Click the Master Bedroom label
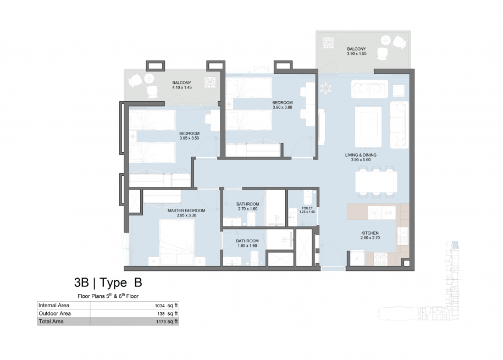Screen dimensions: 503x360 pyautogui.click(x=186, y=211)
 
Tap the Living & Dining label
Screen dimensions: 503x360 pyautogui.click(x=361, y=155)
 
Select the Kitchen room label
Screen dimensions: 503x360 pyautogui.click(x=370, y=233)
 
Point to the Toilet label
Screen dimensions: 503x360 pyautogui.click(x=307, y=208)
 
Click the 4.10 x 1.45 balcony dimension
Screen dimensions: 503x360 pyautogui.click(x=182, y=87)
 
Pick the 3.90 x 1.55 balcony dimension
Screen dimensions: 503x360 pyautogui.click(x=356, y=53)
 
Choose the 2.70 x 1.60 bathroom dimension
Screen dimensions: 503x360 pyautogui.click(x=247, y=209)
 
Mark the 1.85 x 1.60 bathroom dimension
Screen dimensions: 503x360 pyautogui.click(x=247, y=246)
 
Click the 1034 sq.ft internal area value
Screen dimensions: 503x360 pyautogui.click(x=166, y=306)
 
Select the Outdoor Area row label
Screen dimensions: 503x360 pyautogui.click(x=54, y=313)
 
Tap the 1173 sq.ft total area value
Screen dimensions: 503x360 pyautogui.click(x=167, y=322)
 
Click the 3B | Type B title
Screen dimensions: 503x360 pyautogui.click(x=108, y=283)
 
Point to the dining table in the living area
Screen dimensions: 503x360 pyautogui.click(x=376, y=181)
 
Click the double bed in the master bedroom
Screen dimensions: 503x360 pyautogui.click(x=177, y=242)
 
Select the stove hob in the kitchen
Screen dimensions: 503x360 pyautogui.click(x=380, y=259)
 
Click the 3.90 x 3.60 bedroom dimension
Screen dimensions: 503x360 pyautogui.click(x=283, y=108)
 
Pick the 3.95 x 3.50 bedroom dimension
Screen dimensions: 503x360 pyautogui.click(x=189, y=139)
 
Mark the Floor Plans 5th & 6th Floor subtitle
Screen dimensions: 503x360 pyautogui.click(x=108, y=296)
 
